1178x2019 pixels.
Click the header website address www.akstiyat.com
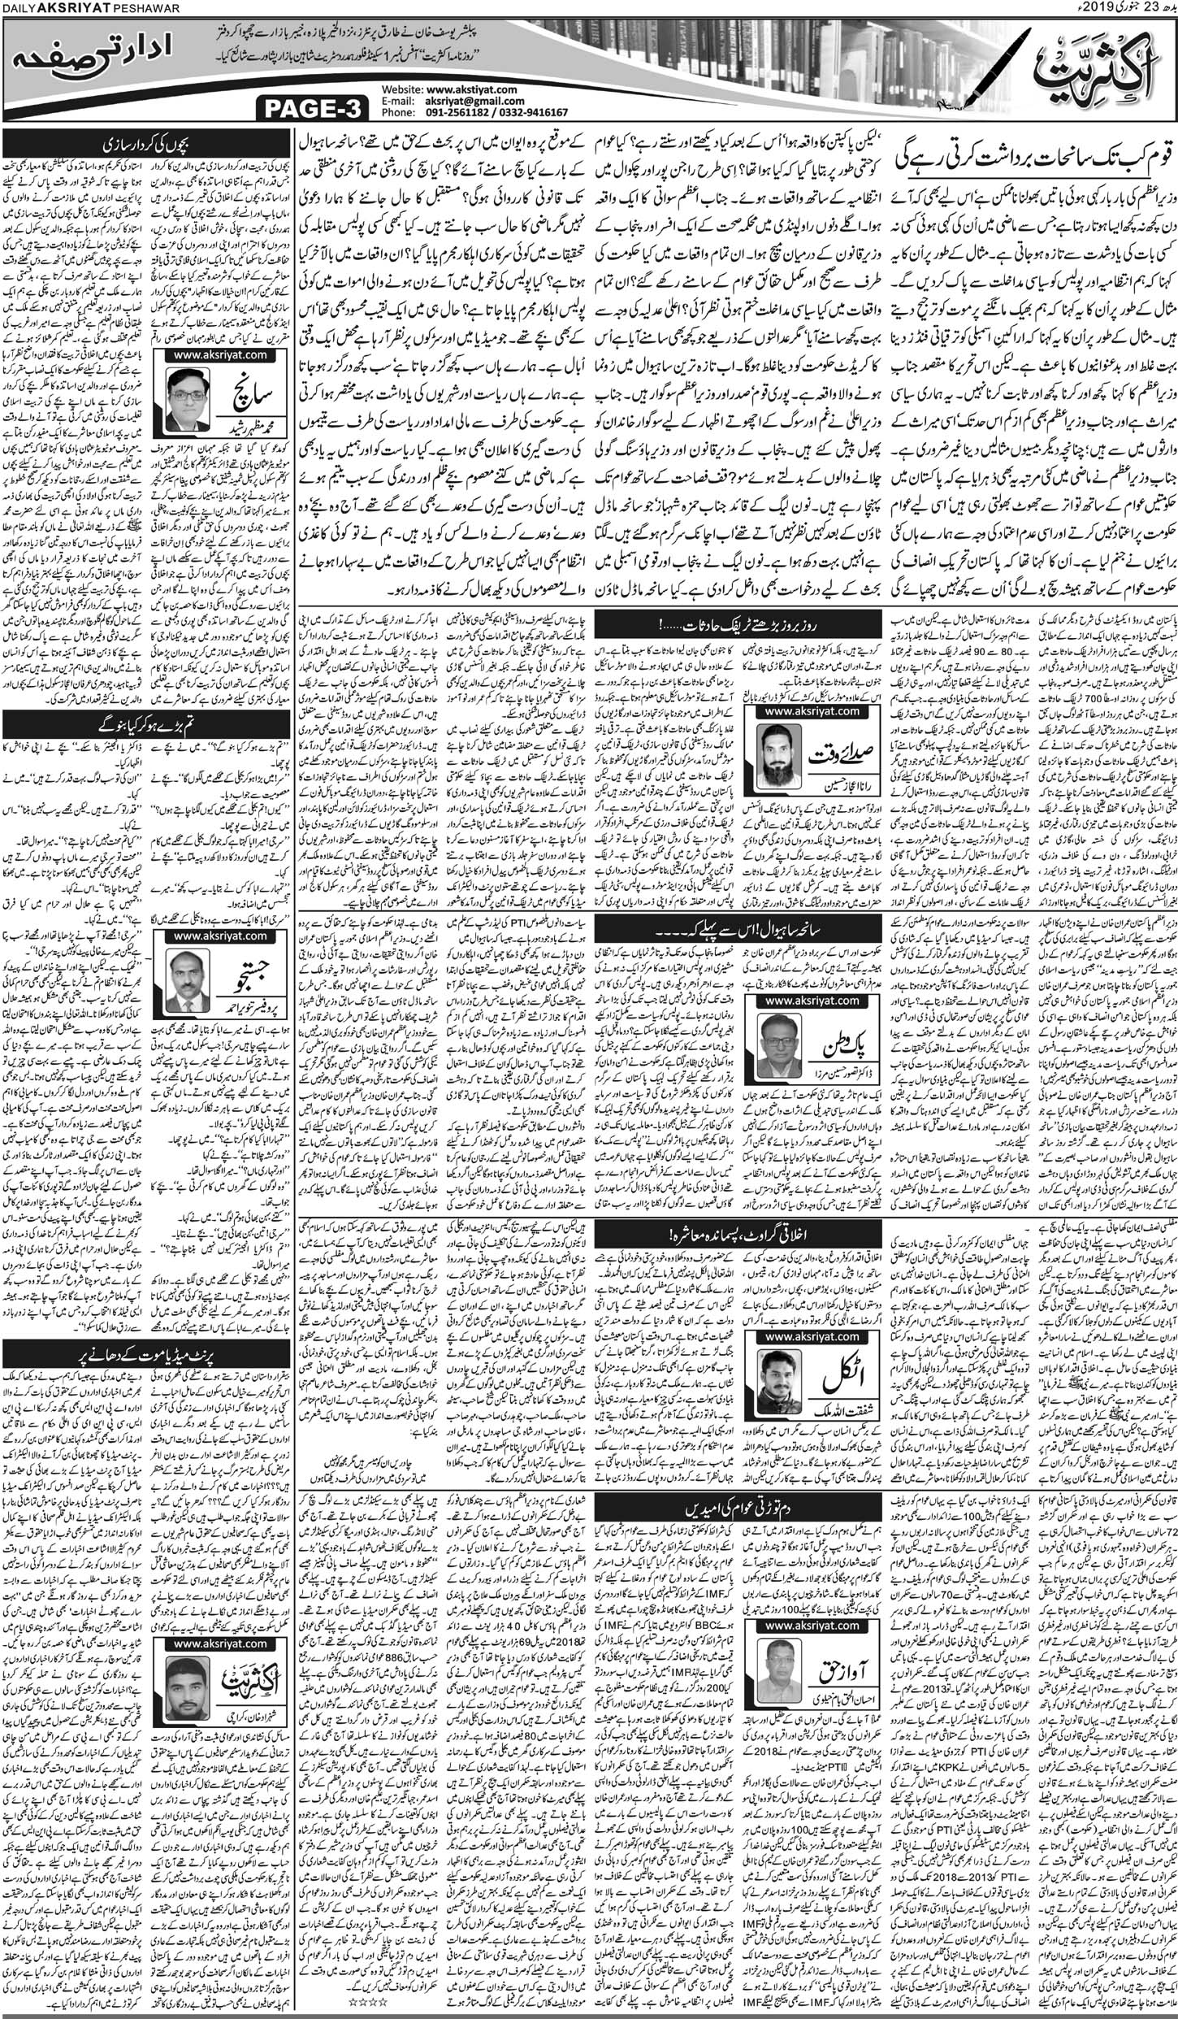tap(471, 88)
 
